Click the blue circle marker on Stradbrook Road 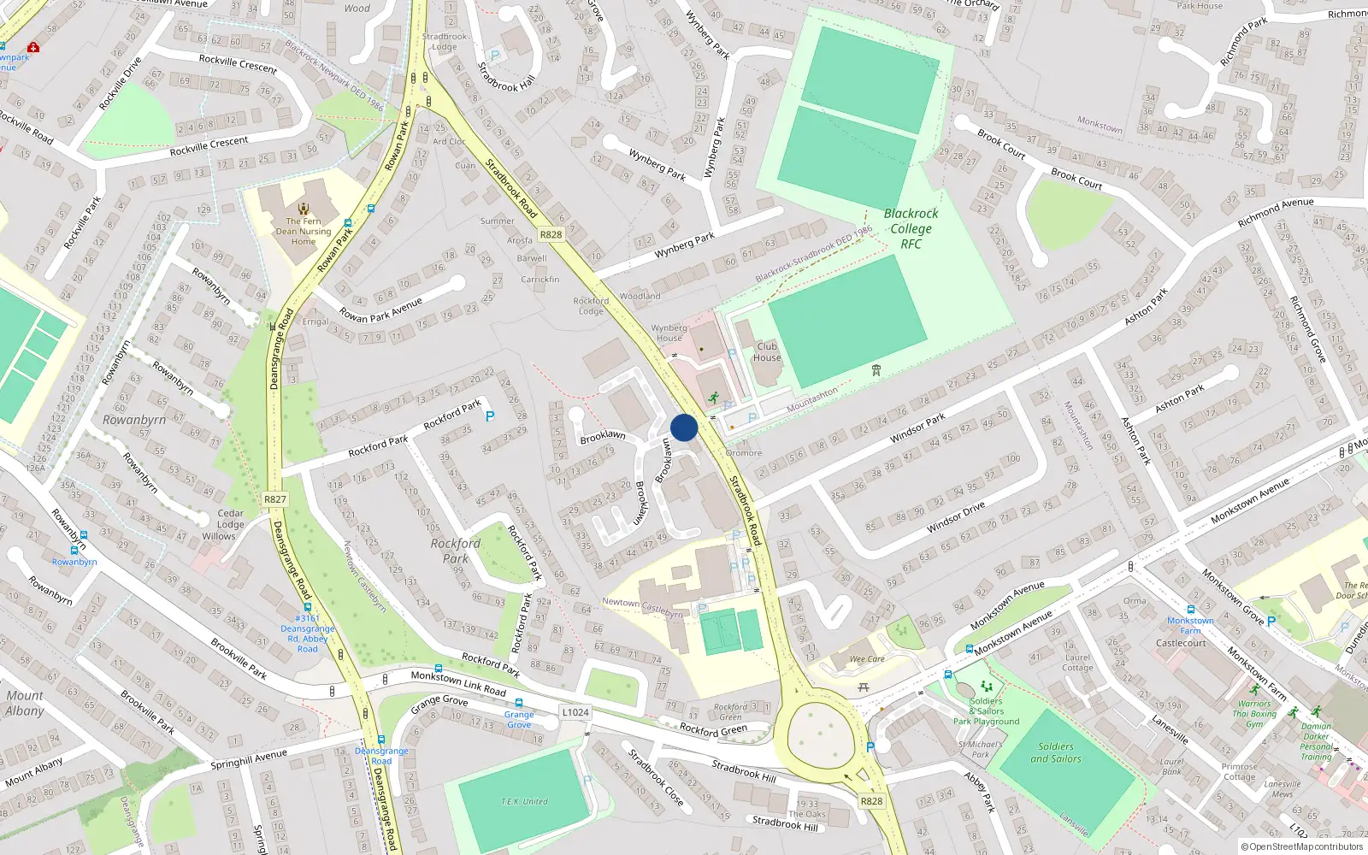684,427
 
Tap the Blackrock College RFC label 911,229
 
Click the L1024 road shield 575,712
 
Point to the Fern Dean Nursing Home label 304,232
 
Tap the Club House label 767,352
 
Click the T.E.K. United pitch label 524,801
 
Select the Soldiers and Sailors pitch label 1055,752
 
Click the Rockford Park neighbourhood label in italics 455,551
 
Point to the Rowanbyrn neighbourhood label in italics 134,420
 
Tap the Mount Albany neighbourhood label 25,703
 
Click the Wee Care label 867,659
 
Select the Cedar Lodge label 230,519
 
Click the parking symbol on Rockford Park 490,416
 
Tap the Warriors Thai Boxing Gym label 1255,714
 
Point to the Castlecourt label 1181,643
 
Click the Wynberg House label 669,333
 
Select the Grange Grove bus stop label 519,719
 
